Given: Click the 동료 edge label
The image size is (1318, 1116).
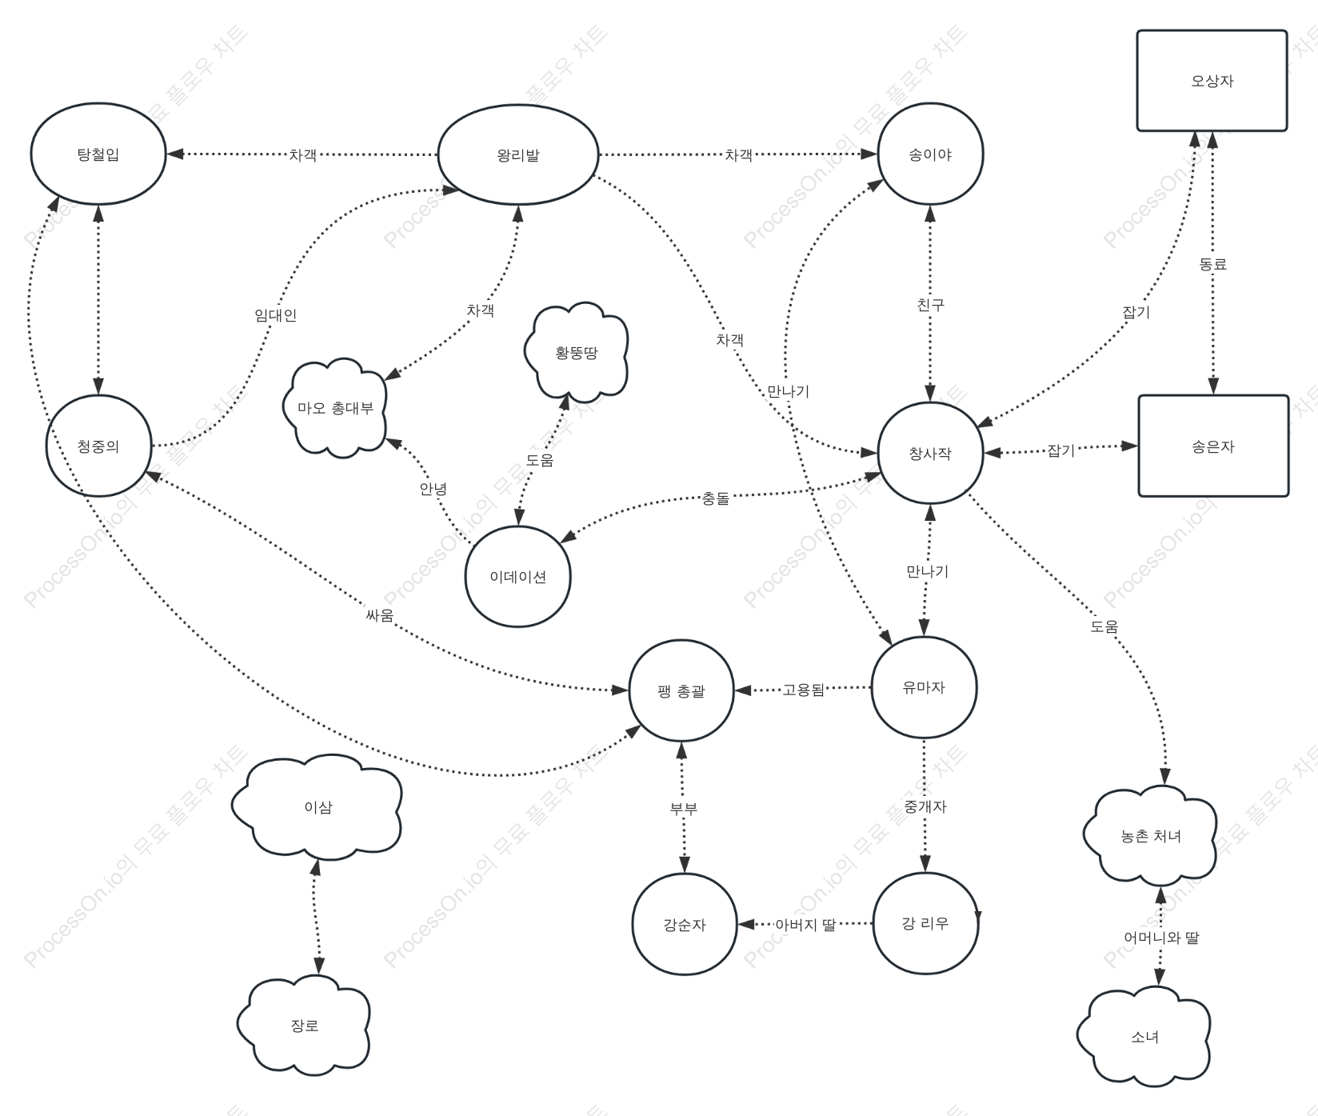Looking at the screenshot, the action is [x=1213, y=264].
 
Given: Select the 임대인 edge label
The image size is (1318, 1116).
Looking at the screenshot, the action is [x=276, y=315].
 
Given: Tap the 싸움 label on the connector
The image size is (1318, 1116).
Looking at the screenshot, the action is [x=380, y=615].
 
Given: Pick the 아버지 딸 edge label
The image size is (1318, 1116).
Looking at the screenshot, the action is [x=805, y=925].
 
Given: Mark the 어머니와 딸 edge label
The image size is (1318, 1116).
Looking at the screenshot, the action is [x=1161, y=938].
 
